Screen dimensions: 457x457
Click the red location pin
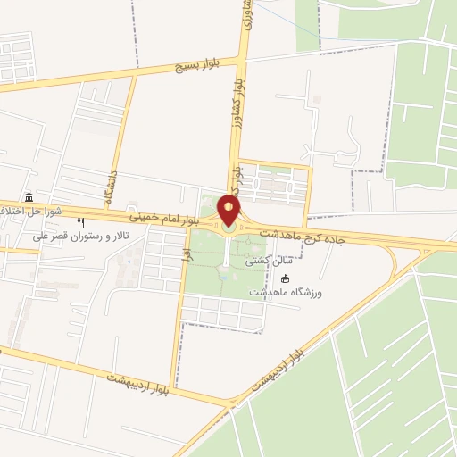coord(229,211)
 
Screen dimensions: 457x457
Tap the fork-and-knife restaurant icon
coord(80,221)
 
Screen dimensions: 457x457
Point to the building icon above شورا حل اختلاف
coord(29,196)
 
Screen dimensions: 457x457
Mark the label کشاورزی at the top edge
coord(246,16)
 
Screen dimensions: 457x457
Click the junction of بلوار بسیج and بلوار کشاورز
coord(243,61)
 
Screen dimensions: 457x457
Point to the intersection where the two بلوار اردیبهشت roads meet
coord(233,403)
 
